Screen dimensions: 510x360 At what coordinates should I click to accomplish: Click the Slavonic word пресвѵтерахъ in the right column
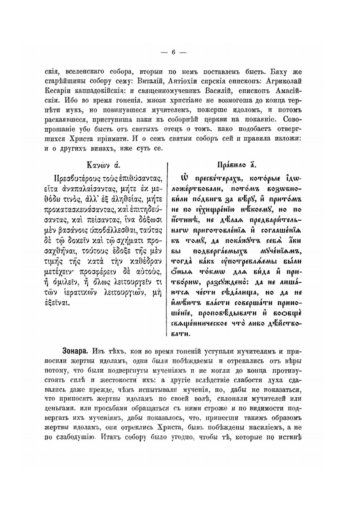pyautogui.click(x=213, y=179)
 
